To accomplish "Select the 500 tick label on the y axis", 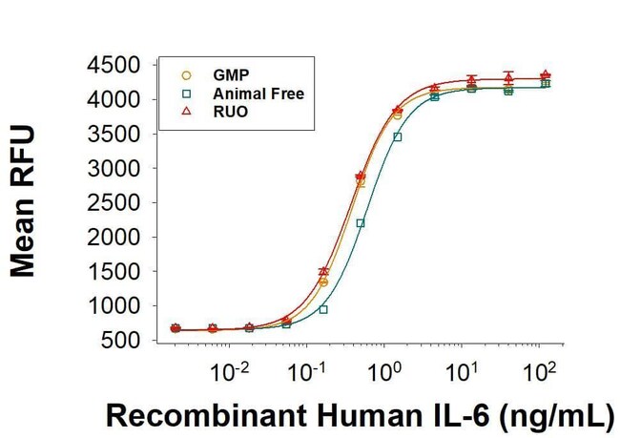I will pos(127,341).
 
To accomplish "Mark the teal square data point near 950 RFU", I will pos(323,309).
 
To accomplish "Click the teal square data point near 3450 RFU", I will pos(397,137).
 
